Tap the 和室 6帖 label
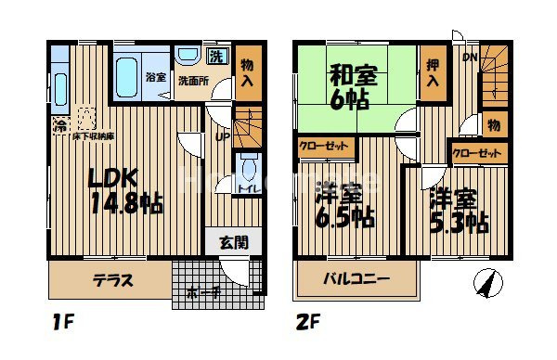point(350,86)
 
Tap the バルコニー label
point(356,279)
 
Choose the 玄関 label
point(234,243)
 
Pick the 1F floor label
point(64,325)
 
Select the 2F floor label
point(308,325)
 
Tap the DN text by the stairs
point(470,56)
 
